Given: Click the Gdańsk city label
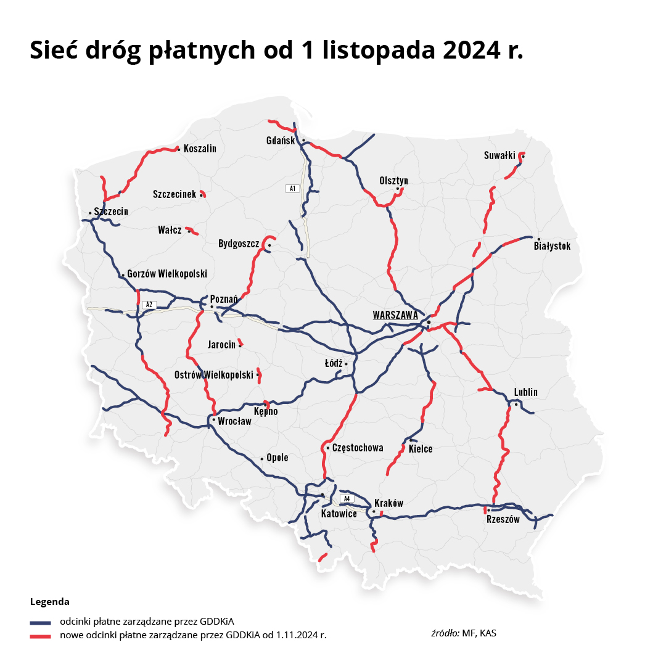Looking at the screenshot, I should click(281, 141).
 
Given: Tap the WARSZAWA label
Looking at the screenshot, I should click(395, 315).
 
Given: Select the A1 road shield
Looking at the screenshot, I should click(292, 188).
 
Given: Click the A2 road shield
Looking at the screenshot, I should click(148, 305).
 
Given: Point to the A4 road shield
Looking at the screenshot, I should click(347, 498).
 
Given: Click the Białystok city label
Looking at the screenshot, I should click(552, 246).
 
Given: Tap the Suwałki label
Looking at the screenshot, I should click(499, 155).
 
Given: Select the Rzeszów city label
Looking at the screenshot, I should click(503, 519).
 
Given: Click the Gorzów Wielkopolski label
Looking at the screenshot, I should click(167, 274).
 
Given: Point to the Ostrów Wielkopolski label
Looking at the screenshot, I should click(214, 374).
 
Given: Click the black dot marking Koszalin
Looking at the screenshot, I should click(179, 149).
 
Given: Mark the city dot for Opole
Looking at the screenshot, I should click(262, 459).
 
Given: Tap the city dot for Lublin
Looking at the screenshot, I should click(516, 404).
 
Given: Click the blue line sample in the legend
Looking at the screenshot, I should click(40, 622).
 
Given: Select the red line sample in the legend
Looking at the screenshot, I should click(40, 635).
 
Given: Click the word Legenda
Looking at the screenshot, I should click(49, 601).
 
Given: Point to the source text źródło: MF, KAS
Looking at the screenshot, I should click(463, 633).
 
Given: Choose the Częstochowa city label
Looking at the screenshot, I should click(358, 448).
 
